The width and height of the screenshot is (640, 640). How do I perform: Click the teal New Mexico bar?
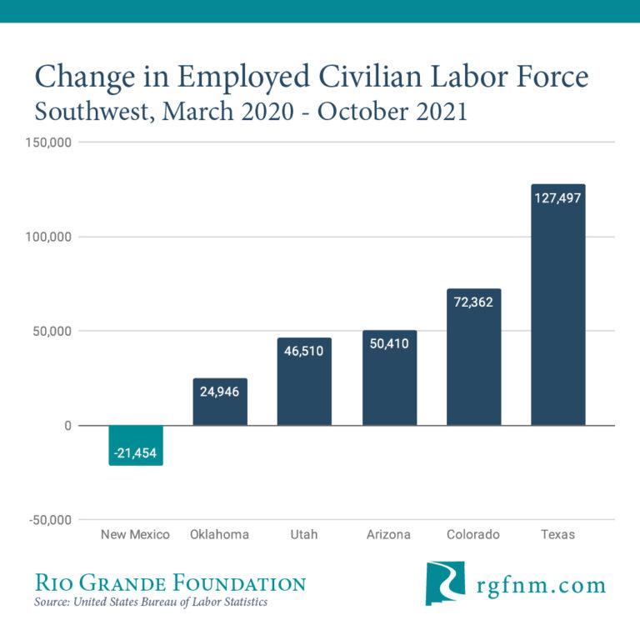tap(136, 439)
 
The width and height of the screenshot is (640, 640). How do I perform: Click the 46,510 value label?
tap(304, 351)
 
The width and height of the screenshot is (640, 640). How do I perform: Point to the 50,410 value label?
tap(388, 343)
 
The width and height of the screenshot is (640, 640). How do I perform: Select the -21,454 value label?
tap(136, 453)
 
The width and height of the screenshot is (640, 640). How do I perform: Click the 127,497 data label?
tap(557, 198)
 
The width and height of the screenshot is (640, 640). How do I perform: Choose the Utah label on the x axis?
tap(304, 534)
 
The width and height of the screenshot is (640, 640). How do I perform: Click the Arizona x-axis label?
tap(388, 534)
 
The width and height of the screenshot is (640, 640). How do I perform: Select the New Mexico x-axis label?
tap(135, 534)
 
